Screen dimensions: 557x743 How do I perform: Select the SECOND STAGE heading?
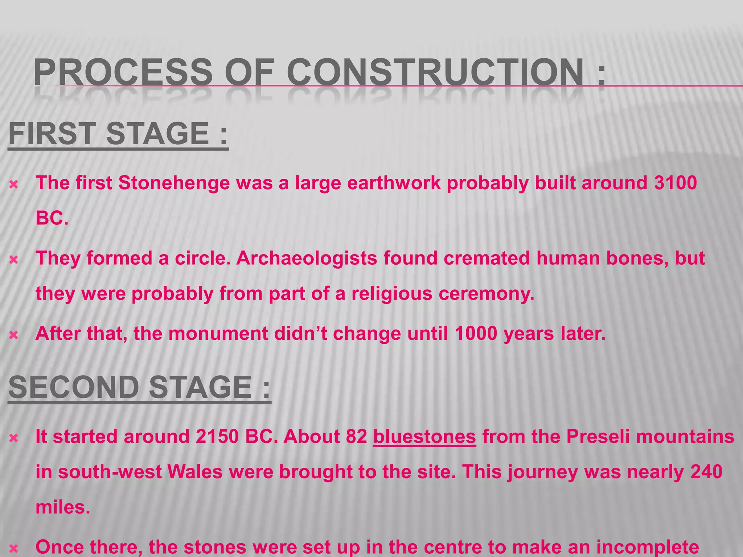[x=139, y=387]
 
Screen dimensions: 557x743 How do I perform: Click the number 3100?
[x=676, y=183]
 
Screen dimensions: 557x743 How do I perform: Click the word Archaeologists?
[x=307, y=258]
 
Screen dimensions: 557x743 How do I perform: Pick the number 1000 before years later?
[x=476, y=333]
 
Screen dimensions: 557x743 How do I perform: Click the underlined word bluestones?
[x=424, y=437]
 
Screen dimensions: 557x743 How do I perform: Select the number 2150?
[x=217, y=437]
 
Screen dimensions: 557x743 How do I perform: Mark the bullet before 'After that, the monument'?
[x=14, y=335]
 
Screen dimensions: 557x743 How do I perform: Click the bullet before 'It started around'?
[x=14, y=438]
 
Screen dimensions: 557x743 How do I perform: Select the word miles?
[x=62, y=507]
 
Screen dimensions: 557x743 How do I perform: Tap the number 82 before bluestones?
[x=357, y=437]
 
